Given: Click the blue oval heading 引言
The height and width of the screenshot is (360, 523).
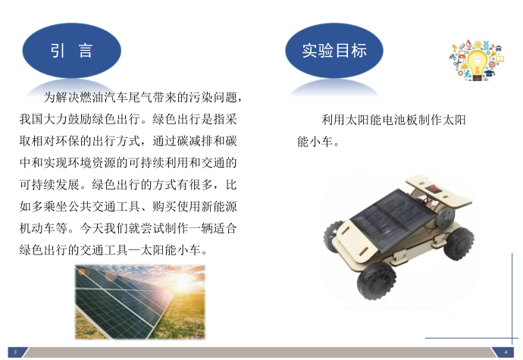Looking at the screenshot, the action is coord(71,51).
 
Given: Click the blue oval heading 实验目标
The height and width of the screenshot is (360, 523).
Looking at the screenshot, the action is coord(334,51).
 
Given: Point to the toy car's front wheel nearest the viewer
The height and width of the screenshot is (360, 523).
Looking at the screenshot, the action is coord(376,280).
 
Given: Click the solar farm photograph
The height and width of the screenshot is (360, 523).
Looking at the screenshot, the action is coord(140,302).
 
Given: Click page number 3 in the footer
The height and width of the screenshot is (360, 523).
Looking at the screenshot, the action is coord(15,352).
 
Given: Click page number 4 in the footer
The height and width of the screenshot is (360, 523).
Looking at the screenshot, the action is coord(506,352).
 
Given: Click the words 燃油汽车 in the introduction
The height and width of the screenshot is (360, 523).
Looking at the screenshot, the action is coord(98,98).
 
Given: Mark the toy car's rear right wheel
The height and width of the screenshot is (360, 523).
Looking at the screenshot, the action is coord(459,243).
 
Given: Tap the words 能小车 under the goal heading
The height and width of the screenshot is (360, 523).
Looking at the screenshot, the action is coord(315,142).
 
